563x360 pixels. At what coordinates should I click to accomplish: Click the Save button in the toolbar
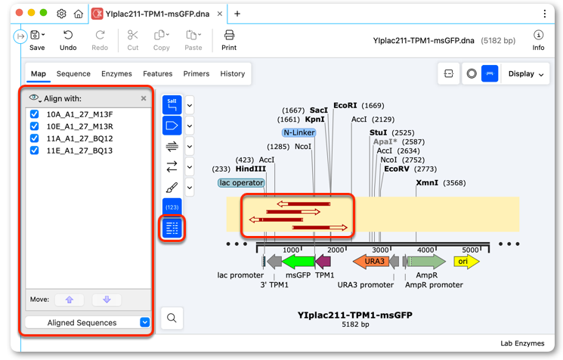pyautogui.click(x=37, y=40)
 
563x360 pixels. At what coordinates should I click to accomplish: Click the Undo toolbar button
pyautogui.click(x=68, y=40)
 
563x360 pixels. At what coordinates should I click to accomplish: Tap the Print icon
pyautogui.click(x=229, y=40)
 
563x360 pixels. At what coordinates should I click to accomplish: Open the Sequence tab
pyautogui.click(x=73, y=73)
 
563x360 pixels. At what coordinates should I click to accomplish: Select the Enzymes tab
pyautogui.click(x=116, y=73)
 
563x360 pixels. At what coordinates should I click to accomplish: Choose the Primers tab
pyautogui.click(x=196, y=73)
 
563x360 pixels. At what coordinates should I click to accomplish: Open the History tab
pyautogui.click(x=232, y=73)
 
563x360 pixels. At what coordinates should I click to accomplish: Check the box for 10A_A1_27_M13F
pyautogui.click(x=35, y=114)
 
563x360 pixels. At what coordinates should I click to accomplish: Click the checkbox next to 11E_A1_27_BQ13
pyautogui.click(x=35, y=151)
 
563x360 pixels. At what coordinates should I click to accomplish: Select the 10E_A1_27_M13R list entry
pyautogui.click(x=79, y=126)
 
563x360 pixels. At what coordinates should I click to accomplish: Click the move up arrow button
pyautogui.click(x=70, y=299)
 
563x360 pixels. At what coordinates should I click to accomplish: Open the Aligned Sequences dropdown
pyautogui.click(x=88, y=323)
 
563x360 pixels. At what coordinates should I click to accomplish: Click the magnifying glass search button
pyautogui.click(x=172, y=318)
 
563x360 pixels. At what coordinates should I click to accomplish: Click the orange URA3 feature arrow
pyautogui.click(x=371, y=262)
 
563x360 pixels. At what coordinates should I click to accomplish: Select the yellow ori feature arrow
pyautogui.click(x=466, y=262)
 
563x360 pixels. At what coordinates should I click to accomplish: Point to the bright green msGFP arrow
pyautogui.click(x=299, y=262)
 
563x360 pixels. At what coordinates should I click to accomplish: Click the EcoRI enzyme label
pyautogui.click(x=345, y=105)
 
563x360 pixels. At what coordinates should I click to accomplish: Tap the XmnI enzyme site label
pyautogui.click(x=427, y=182)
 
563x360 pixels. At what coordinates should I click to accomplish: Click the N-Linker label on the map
pyautogui.click(x=299, y=132)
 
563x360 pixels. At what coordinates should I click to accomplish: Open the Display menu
pyautogui.click(x=526, y=73)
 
